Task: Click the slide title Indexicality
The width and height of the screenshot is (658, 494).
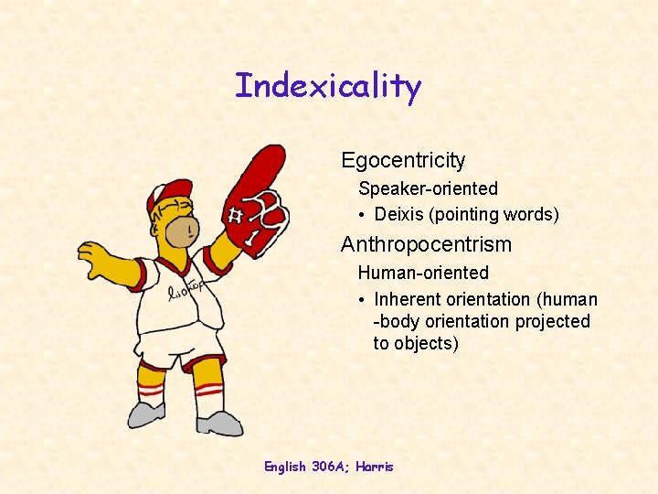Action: [x=328, y=87]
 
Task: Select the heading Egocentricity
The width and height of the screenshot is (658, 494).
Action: [x=403, y=161]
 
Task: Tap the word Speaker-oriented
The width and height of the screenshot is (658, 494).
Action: [x=428, y=189]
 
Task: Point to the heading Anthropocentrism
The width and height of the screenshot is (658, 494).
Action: [x=426, y=245]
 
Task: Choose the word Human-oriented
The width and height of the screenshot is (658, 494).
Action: [x=423, y=273]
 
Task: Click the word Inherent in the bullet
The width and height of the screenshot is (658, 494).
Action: [x=406, y=299]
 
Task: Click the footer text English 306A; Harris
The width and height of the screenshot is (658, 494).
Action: [x=328, y=467]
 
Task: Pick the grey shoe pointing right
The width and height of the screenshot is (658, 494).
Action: [x=219, y=424]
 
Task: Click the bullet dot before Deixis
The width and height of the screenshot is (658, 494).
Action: [x=363, y=216]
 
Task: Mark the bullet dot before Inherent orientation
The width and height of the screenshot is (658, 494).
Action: [x=363, y=300]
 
